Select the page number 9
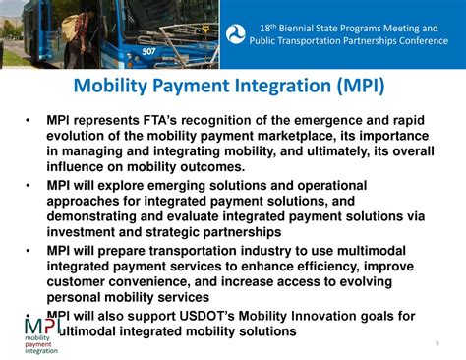pos(437,342)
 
